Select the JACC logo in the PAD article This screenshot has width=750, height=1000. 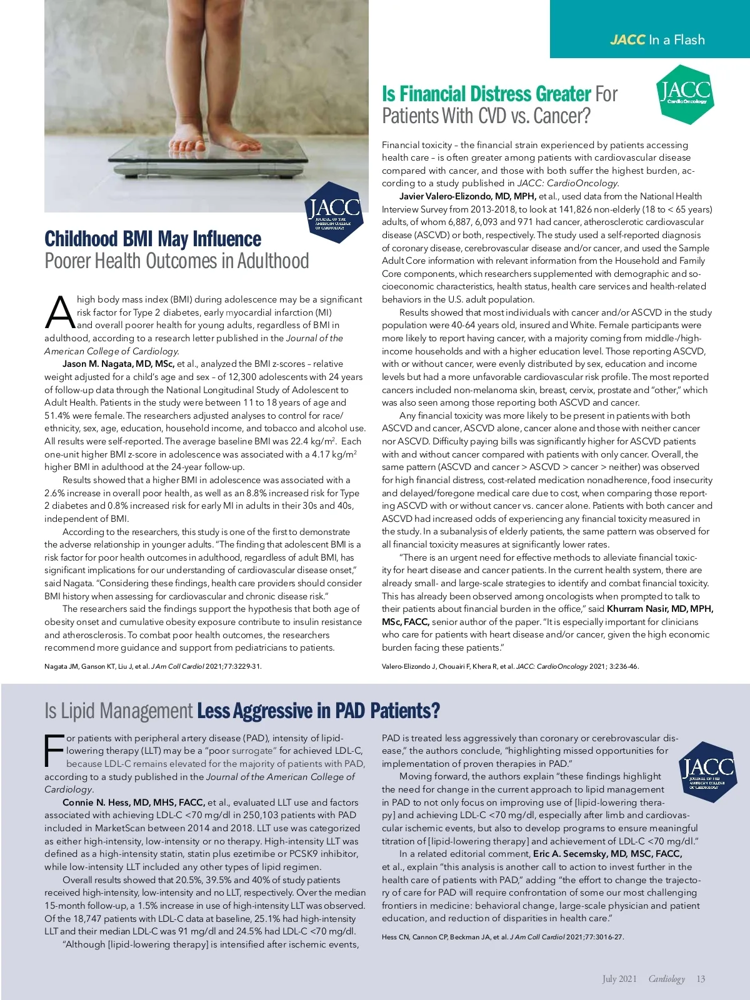pos(707,772)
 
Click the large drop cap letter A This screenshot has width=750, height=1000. pos(60,313)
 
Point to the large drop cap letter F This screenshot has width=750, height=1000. pos(55,751)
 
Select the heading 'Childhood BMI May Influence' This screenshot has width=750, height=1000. pos(153,239)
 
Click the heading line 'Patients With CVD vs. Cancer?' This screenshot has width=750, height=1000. pos(486,116)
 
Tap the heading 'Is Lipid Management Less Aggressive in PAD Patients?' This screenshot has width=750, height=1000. pos(242,711)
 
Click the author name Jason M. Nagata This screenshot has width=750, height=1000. pos(118,364)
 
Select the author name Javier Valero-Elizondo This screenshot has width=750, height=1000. pos(467,196)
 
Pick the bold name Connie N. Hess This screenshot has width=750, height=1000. pos(134,802)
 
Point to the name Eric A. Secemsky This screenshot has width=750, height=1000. pos(607,854)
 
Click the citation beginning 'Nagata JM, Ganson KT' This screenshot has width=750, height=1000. pos(153,666)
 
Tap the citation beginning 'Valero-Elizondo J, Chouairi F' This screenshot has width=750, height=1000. pos(510,666)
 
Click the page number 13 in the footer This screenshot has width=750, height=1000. pos(701,979)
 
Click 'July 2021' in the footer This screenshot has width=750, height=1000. pos(619,979)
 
